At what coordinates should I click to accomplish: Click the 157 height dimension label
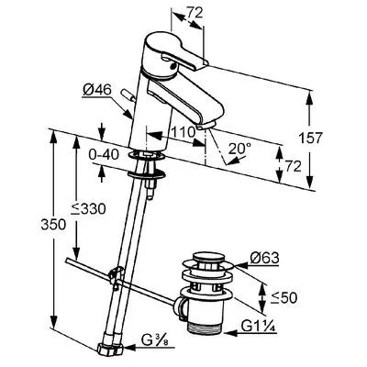pyautogui.click(x=311, y=138)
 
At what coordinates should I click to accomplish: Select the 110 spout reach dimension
pyautogui.click(x=183, y=132)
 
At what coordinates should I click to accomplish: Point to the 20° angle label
pyautogui.click(x=239, y=149)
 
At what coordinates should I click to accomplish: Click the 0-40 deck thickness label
pyautogui.click(x=104, y=155)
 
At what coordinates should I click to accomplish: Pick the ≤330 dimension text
pyautogui.click(x=88, y=208)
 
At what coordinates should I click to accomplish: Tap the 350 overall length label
pyautogui.click(x=53, y=225)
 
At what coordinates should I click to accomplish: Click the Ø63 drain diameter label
pyautogui.click(x=265, y=259)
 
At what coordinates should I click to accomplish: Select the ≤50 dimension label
pyautogui.click(x=284, y=297)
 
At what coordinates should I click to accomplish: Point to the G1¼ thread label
pyautogui.click(x=259, y=327)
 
